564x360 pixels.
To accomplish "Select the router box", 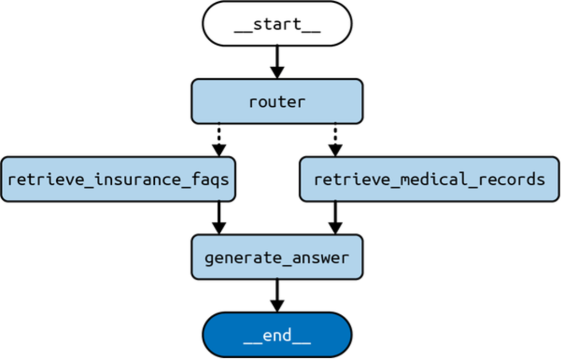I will coord(277,101).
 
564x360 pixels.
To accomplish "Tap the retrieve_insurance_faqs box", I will coord(118,179).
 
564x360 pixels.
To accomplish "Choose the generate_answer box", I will coord(277,257).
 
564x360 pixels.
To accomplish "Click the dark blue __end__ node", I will coord(277,335).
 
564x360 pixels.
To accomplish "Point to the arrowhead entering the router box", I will coord(277,72).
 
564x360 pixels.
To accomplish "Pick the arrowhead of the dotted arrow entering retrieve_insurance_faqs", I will coord(219,150).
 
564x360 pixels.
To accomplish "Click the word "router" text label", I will coord(277,102).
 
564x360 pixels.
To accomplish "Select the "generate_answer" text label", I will coord(277,258).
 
